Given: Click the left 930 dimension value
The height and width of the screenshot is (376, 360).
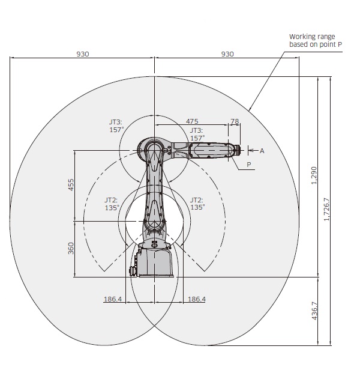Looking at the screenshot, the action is (x=83, y=54).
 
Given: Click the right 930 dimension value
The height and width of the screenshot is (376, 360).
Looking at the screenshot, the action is (x=227, y=54).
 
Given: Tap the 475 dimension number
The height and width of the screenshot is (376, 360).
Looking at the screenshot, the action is (x=192, y=121).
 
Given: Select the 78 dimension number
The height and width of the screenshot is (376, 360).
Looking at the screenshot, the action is (x=235, y=121).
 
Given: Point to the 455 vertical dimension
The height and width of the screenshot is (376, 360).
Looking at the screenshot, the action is (x=71, y=184).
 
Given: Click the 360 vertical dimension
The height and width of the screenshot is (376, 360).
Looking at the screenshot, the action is (x=71, y=248).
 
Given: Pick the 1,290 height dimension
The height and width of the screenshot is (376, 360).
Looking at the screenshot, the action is (x=314, y=175).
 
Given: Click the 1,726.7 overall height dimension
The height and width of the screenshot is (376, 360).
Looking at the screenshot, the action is (x=327, y=210).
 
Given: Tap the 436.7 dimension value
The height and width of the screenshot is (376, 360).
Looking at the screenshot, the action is (x=314, y=311).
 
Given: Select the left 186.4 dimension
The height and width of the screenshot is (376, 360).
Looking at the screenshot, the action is (x=113, y=299).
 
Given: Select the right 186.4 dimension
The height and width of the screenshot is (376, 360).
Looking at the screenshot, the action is (x=197, y=299).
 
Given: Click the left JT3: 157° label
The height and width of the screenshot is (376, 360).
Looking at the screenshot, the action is (x=116, y=126).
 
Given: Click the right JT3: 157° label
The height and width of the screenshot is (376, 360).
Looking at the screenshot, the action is (x=197, y=135).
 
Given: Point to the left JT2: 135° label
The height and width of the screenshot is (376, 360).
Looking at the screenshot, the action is (x=112, y=204).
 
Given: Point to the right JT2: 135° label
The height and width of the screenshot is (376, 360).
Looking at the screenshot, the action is (x=197, y=204).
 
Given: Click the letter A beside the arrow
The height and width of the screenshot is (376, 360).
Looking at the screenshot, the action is (x=262, y=151).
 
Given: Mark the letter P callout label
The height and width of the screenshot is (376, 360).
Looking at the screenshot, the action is (x=249, y=165).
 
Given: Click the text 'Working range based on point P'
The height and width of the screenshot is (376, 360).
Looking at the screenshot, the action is (x=316, y=40).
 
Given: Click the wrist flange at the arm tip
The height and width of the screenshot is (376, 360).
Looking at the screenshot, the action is (x=238, y=150).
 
